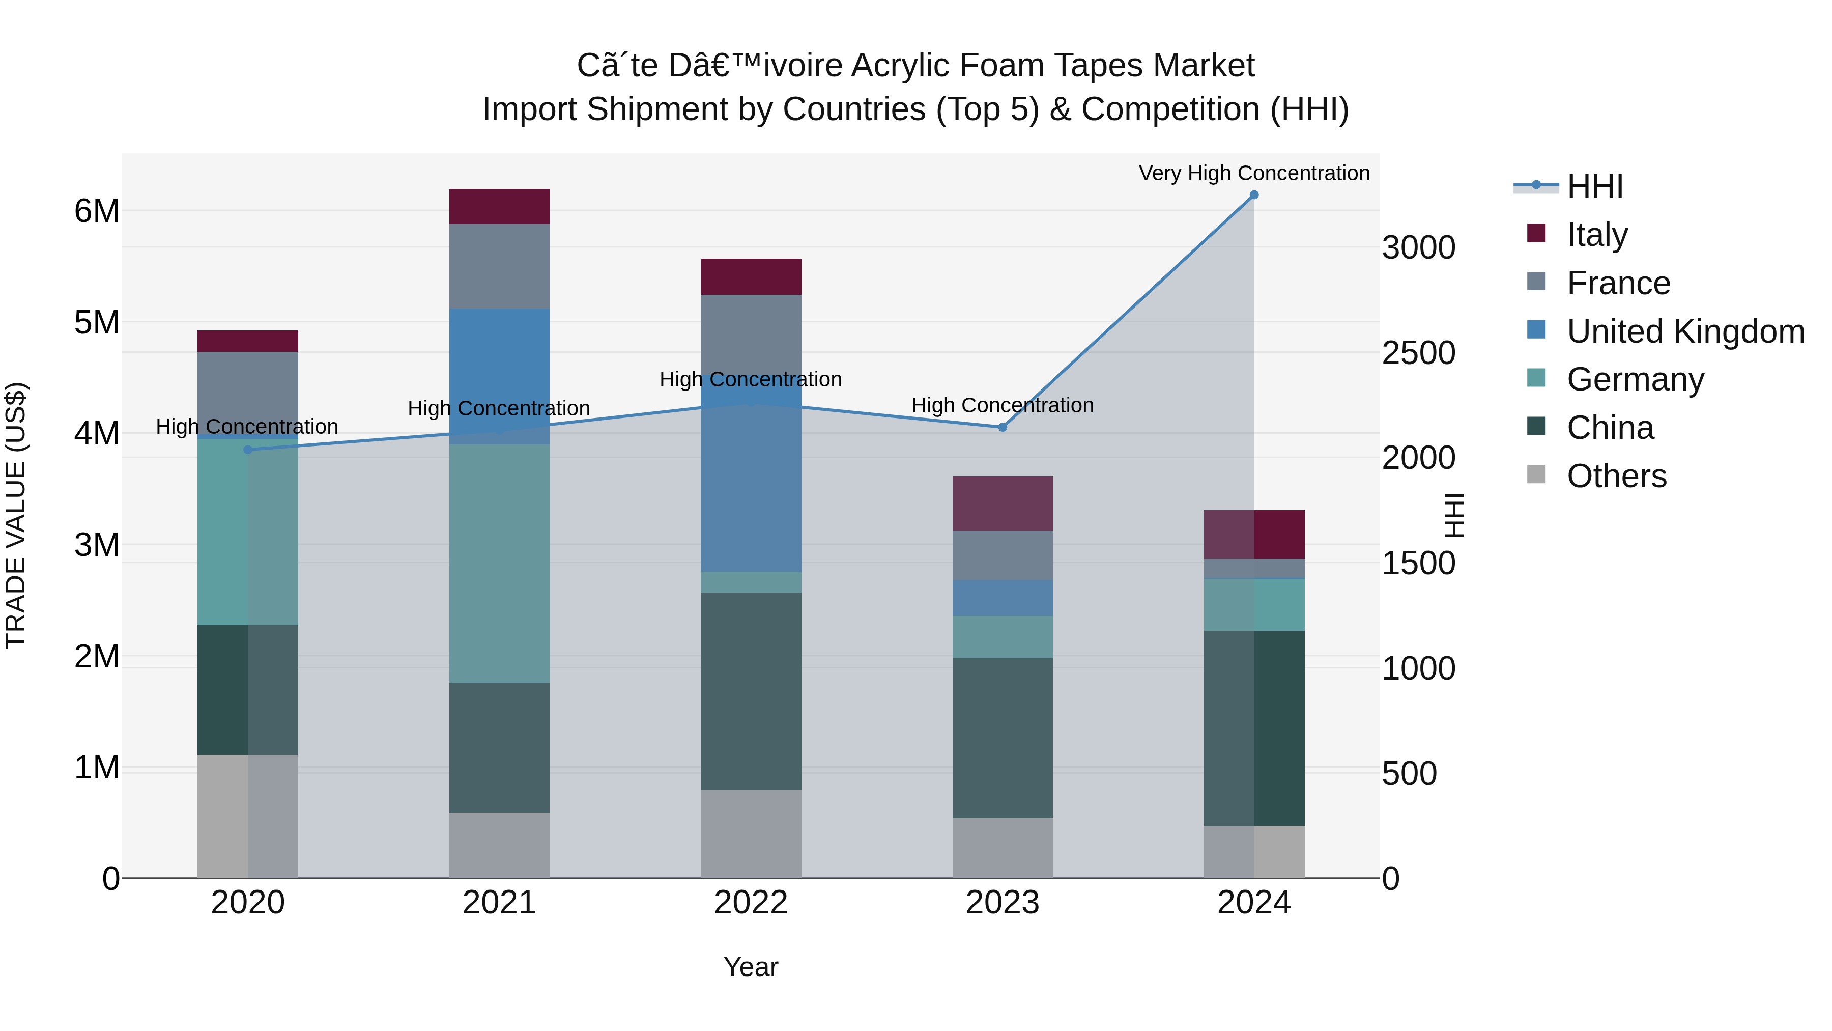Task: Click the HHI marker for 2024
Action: pos(1254,195)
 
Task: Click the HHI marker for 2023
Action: pos(1003,428)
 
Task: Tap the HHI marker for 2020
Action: pos(247,450)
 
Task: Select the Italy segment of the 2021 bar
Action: pos(499,206)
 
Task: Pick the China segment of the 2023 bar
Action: pos(1003,738)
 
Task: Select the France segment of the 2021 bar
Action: pos(499,266)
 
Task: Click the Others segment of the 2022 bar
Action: pos(751,834)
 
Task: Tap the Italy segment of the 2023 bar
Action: pos(1003,503)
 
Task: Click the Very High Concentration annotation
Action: pos(1254,173)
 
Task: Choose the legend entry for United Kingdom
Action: pos(1685,331)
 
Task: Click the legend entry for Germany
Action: pos(1635,379)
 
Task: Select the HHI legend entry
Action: pos(1594,186)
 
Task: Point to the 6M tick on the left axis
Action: pos(97,211)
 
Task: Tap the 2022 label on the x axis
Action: pos(751,903)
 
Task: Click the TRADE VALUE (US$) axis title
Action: pos(16,515)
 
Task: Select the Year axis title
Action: pos(751,967)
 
